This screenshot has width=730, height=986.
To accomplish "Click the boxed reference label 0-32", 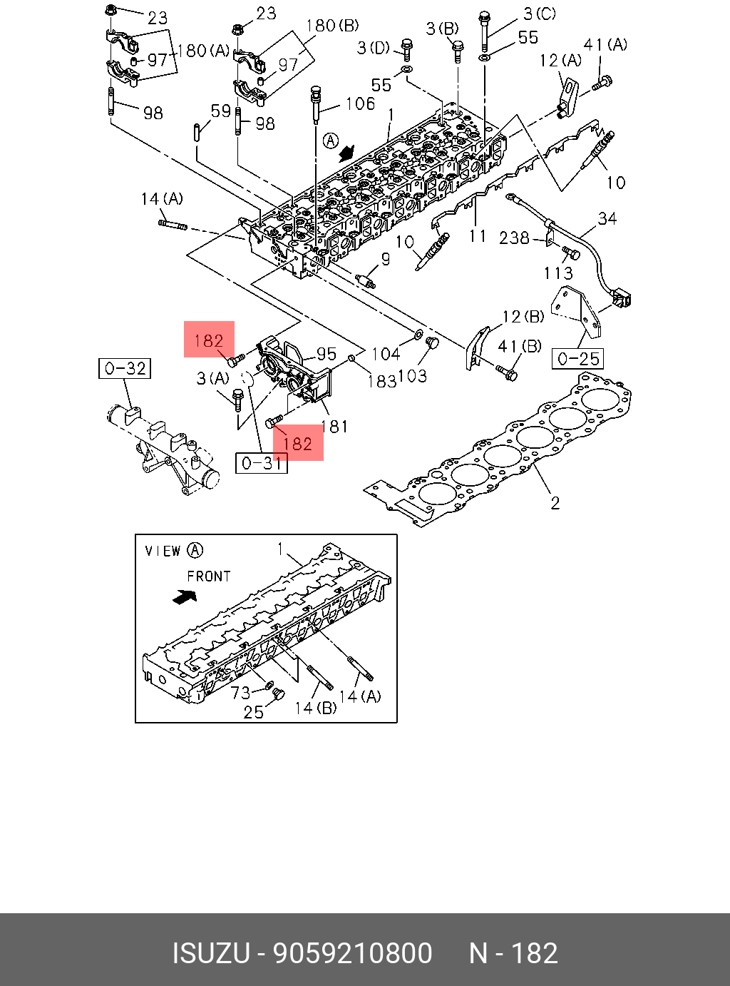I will [125, 368].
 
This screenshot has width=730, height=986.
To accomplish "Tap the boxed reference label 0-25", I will [578, 358].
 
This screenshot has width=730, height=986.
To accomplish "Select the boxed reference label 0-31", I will [262, 463].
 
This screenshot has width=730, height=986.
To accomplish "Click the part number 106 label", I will [360, 104].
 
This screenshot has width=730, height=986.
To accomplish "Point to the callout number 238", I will [514, 238].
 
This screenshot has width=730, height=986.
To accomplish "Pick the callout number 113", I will [557, 273].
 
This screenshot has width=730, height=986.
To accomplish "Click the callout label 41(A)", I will [605, 45].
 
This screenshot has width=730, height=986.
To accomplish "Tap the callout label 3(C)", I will [539, 14].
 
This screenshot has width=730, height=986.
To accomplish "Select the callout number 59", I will [221, 111].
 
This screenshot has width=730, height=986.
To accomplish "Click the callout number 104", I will [386, 354].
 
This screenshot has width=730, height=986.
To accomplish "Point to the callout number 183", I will [381, 381].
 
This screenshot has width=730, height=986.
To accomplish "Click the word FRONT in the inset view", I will [209, 576].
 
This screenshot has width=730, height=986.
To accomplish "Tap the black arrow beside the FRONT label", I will [185, 596].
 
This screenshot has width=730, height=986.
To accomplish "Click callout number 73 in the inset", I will [240, 692].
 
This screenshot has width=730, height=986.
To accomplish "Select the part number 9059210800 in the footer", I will [354, 953].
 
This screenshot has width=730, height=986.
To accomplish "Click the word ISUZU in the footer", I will [211, 953].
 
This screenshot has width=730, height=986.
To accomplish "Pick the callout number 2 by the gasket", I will [555, 503].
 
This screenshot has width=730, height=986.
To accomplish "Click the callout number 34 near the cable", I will [607, 218].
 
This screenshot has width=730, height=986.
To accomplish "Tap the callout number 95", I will [327, 354].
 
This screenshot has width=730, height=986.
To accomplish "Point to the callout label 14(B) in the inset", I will [315, 708].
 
